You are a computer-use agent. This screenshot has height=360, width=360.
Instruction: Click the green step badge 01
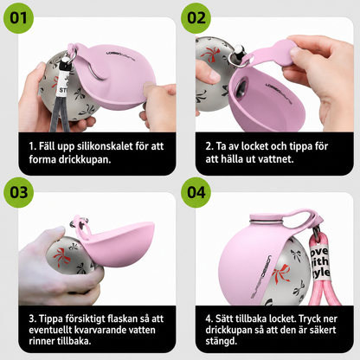point(18,18)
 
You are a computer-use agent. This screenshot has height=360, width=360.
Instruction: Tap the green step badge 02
point(196,18)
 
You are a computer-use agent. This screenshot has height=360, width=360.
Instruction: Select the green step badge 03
point(18,192)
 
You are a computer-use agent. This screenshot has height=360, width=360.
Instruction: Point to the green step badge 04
point(196,192)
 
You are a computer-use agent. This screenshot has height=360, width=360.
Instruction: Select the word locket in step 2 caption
point(255,146)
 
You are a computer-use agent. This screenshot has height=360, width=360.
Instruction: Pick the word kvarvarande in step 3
point(102,330)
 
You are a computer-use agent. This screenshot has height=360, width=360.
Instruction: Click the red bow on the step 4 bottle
point(280,274)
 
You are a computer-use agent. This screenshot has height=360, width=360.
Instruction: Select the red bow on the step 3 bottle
point(61,257)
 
